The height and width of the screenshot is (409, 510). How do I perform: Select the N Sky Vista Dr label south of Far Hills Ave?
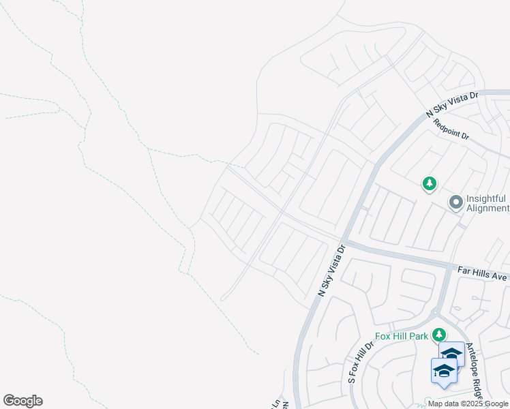(333, 271)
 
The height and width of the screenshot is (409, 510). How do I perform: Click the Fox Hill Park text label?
(402, 336)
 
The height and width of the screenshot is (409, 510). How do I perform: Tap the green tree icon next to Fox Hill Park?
(439, 335)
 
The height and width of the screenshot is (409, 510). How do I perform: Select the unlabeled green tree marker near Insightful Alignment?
(430, 183)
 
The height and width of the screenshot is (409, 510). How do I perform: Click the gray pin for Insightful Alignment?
(455, 202)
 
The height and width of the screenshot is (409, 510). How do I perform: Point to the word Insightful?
(487, 198)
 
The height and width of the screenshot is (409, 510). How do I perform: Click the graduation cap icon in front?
(444, 371)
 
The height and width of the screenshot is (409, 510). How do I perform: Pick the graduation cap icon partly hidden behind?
(452, 353)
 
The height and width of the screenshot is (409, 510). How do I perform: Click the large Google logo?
(22, 401)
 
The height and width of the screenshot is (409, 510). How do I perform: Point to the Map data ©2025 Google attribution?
(468, 404)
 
